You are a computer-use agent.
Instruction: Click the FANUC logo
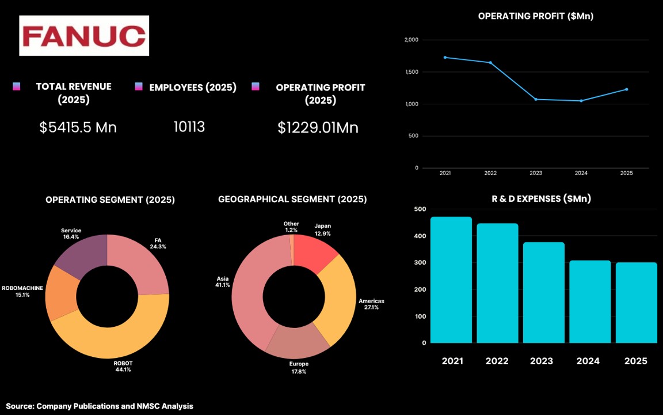(x=84, y=36)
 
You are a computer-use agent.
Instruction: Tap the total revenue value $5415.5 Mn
(x=78, y=127)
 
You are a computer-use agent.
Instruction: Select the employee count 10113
(x=189, y=127)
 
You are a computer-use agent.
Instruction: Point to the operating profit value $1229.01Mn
(x=318, y=128)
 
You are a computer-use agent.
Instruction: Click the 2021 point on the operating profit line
(x=445, y=57)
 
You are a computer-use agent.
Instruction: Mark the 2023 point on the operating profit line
(x=536, y=100)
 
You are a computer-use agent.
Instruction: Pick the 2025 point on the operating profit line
(x=627, y=89)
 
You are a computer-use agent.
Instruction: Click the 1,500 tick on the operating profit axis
(x=411, y=72)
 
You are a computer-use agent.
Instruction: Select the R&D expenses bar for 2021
(x=451, y=280)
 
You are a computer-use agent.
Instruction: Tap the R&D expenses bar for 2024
(x=590, y=301)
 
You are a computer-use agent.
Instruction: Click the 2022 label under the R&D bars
(x=497, y=361)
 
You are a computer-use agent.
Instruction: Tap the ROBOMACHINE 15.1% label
(x=22, y=291)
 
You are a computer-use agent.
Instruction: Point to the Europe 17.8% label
(x=299, y=368)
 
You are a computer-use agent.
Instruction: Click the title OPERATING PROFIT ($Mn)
(x=536, y=16)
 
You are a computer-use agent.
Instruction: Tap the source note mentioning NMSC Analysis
(x=100, y=406)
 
